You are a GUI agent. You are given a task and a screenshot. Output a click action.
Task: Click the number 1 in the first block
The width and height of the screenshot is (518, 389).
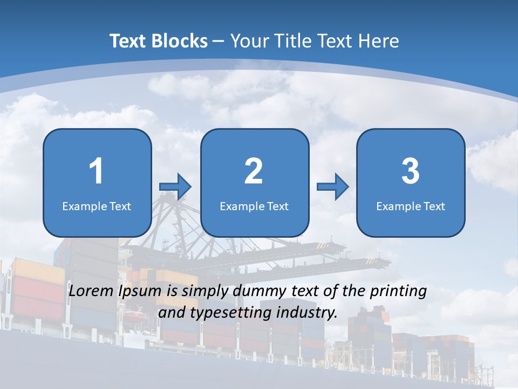(96, 171)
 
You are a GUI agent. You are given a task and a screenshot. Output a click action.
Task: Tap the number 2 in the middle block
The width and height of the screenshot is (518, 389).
(254, 171)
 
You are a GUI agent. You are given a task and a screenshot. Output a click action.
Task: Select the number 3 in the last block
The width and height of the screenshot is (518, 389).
(411, 171)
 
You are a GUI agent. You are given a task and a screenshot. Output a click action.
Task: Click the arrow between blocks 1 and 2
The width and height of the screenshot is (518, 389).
(175, 187)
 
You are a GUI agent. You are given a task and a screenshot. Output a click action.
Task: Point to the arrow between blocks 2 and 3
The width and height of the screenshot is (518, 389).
(333, 187)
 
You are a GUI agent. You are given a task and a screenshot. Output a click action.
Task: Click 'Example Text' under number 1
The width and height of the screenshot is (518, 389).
(97, 206)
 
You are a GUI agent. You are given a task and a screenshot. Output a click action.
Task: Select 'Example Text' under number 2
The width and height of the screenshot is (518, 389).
(254, 206)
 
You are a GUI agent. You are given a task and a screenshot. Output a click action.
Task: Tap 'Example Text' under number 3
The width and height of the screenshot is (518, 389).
(411, 206)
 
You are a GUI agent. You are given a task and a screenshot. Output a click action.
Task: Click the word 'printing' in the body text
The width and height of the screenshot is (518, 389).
(398, 291)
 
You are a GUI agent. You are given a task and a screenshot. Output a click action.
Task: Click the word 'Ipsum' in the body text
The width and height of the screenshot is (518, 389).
(140, 291)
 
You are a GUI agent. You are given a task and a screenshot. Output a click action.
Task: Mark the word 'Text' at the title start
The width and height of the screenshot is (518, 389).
(127, 41)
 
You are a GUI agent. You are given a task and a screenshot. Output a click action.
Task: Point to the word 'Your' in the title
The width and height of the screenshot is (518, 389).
(248, 41)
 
